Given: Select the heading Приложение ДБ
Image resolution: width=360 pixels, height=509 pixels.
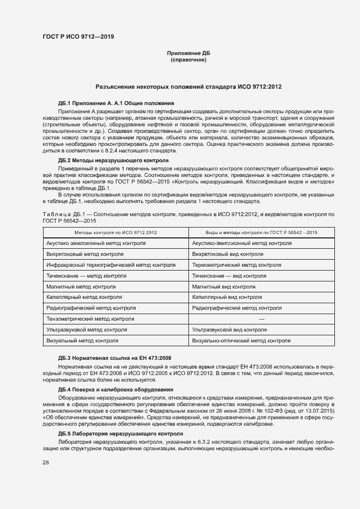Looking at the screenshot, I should [188, 53].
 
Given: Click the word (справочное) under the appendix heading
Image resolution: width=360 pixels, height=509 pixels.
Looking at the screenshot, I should [188, 60].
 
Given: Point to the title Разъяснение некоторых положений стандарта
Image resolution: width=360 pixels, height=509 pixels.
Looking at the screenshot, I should [188, 87].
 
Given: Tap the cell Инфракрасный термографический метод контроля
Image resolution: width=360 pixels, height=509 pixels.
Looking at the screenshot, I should [111, 265].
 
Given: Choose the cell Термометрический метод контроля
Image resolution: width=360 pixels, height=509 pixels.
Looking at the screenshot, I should [236, 265].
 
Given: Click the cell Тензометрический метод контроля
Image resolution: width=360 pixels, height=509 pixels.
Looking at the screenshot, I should [90, 319].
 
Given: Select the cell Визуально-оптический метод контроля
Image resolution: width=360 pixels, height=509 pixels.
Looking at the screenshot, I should [241, 341].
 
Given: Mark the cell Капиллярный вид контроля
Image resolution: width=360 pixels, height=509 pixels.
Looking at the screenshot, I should [227, 297].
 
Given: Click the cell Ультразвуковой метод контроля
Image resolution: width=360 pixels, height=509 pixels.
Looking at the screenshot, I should [87, 330].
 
